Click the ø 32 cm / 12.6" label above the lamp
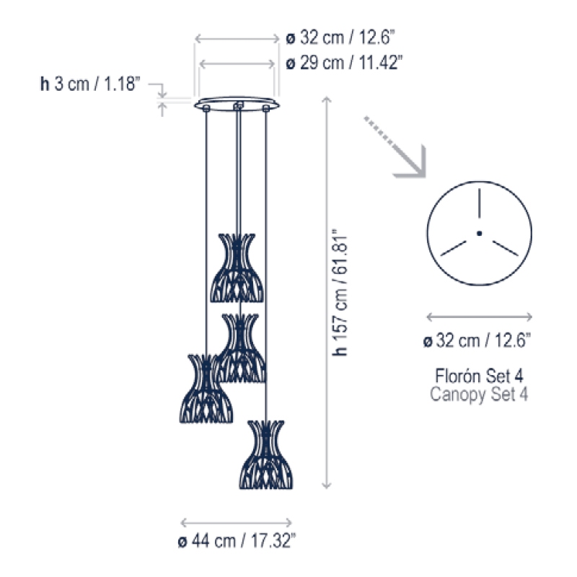340,38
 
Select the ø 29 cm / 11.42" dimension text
344,63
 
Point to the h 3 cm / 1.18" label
90,84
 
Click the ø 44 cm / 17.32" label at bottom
237,541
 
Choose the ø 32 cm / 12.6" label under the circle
477,340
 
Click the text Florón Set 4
479,376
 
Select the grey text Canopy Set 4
479,394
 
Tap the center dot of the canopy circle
479,233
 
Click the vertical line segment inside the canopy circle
479,203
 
